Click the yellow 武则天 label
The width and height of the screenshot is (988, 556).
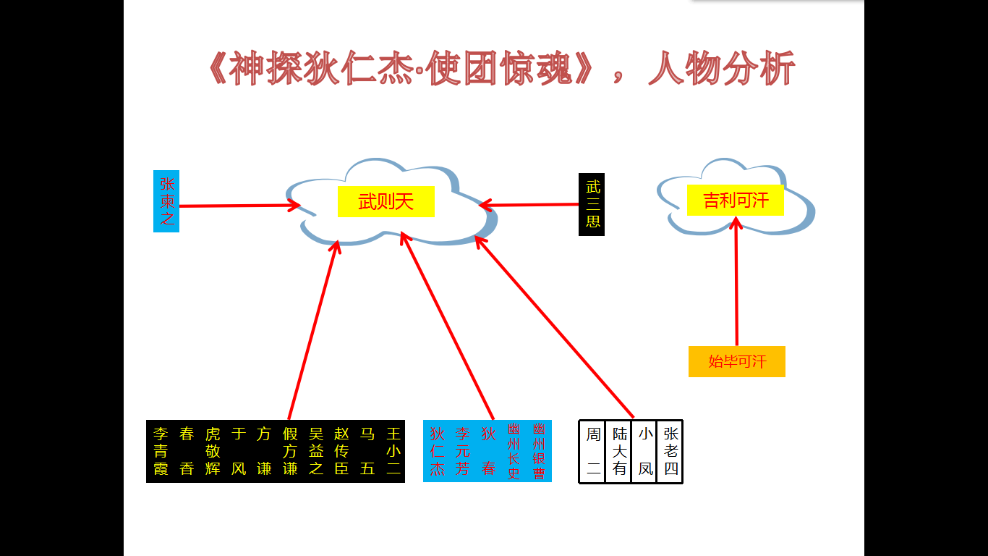386,201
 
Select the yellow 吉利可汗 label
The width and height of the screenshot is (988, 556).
735,200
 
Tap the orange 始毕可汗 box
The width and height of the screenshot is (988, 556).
736,361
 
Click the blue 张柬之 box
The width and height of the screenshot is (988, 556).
166,201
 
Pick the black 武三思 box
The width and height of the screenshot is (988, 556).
592,204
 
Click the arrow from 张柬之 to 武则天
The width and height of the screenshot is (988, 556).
239,206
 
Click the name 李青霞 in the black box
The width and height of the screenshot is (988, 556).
161,451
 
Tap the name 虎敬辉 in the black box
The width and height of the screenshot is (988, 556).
213,451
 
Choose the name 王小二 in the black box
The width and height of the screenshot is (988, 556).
393,451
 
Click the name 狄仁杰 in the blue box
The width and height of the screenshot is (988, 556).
437,451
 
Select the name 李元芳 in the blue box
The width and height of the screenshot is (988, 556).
463,451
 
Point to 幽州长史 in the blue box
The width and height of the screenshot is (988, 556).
514,451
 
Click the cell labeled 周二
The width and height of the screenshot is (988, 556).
593,451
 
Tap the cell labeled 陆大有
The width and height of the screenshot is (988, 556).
619,451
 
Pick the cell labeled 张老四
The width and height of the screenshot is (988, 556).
670,451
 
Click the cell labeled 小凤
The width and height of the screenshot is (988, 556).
645,451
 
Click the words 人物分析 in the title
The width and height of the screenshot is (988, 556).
721,70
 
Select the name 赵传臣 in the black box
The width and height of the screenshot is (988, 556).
341,451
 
